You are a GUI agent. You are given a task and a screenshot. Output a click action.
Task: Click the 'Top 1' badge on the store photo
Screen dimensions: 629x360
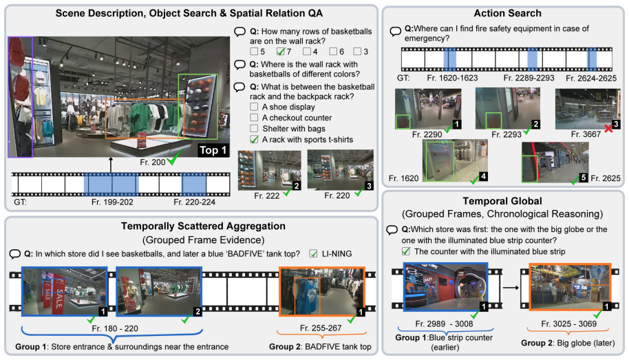click(213, 150)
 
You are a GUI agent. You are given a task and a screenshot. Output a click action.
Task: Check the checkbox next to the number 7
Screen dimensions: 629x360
click(280, 52)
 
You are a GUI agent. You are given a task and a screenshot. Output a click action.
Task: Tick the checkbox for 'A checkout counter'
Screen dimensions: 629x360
click(253, 118)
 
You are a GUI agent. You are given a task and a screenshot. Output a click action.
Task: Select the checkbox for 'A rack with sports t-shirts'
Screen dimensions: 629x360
click(254, 139)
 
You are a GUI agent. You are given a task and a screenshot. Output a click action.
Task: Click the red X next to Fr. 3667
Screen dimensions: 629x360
click(608, 129)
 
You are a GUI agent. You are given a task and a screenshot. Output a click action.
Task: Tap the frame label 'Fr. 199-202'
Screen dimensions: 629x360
click(112, 202)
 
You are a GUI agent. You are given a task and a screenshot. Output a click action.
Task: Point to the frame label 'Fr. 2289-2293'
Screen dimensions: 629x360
click(529, 78)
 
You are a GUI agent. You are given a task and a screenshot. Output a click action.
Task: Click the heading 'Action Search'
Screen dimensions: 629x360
click(507, 13)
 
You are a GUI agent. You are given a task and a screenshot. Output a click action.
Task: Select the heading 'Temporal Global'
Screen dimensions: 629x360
click(502, 201)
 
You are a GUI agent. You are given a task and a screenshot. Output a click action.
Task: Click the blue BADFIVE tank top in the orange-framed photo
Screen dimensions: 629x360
click(308, 296)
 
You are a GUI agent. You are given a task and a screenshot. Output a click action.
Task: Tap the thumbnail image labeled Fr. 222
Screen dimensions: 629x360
click(269, 170)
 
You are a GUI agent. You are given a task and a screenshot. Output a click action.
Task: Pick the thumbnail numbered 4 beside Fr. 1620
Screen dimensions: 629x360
click(455, 160)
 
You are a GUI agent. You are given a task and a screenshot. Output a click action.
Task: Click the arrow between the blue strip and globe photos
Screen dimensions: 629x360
click(511, 288)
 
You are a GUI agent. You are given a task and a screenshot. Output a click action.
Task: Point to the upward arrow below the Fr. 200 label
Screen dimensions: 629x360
click(111, 165)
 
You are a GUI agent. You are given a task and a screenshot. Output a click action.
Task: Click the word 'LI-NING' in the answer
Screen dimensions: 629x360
click(337, 253)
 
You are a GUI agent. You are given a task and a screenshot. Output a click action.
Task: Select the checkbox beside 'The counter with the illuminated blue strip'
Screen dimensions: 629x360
click(406, 251)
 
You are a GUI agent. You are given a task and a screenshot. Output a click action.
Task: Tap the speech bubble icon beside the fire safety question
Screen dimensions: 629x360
click(395, 31)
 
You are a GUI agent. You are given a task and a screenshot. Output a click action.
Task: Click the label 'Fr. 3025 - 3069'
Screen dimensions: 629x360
click(568, 324)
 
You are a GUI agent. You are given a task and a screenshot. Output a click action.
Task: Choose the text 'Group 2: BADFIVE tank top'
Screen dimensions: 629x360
click(320, 346)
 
